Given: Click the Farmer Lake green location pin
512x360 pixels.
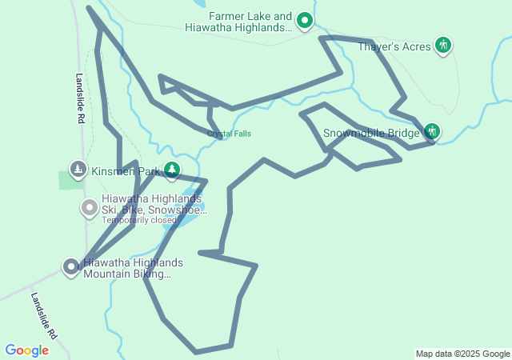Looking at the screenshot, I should (305, 20).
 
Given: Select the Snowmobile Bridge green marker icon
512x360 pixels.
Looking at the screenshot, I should (432, 131).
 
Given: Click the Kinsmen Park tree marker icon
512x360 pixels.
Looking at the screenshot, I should (172, 169).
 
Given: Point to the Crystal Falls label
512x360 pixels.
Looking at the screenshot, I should (229, 134).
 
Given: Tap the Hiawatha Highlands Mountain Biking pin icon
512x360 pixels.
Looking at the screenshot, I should (71, 267).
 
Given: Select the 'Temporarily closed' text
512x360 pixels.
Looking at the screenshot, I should (138, 220).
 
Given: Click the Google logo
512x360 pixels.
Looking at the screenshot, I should (26, 350).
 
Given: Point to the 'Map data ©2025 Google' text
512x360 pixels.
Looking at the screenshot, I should (462, 354).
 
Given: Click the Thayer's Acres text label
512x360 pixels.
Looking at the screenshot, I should (394, 46).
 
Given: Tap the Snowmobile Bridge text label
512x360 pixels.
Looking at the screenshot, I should (371, 133).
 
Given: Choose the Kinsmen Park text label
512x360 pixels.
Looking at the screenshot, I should (126, 171).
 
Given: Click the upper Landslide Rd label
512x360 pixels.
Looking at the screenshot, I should (81, 98).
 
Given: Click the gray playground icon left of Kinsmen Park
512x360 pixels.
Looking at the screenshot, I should (78, 169).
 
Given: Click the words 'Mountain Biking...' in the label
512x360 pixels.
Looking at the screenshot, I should (127, 274).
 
